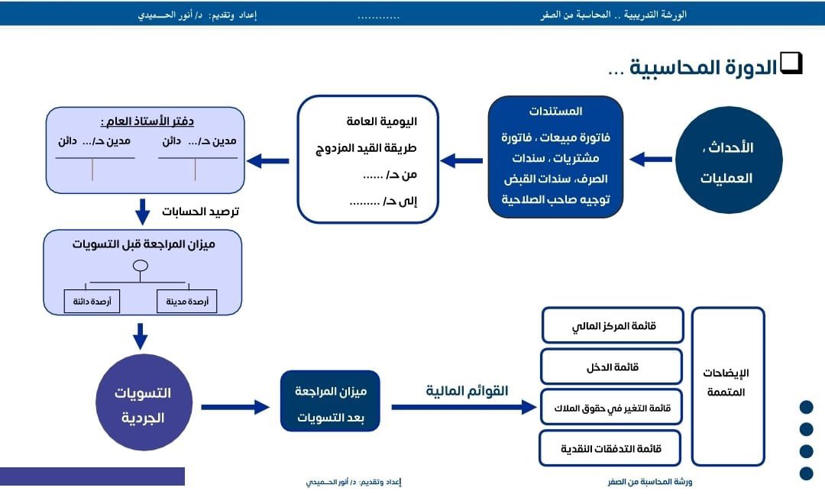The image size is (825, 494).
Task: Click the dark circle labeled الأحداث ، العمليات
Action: pos(729,160)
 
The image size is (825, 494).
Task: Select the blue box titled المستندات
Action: pos(555,157)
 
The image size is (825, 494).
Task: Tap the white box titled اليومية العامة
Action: pos(367,159)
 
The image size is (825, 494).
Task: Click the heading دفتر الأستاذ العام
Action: pos(147,121)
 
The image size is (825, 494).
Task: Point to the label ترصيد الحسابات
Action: pos(200,211)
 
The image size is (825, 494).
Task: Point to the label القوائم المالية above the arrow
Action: pos(467,391)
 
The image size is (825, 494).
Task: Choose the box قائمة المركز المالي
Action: pos(611,326)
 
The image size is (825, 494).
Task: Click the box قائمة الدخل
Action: pos(611,367)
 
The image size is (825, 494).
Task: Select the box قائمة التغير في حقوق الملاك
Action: pos(611,408)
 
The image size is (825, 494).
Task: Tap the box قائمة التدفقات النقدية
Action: pos(610,448)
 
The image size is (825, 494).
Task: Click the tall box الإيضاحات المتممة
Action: pos(727,386)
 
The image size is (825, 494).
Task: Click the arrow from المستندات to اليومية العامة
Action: pos(462,160)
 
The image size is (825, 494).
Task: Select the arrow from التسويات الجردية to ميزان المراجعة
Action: pos(235,407)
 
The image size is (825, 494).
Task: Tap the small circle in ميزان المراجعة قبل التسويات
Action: pos(140,266)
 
